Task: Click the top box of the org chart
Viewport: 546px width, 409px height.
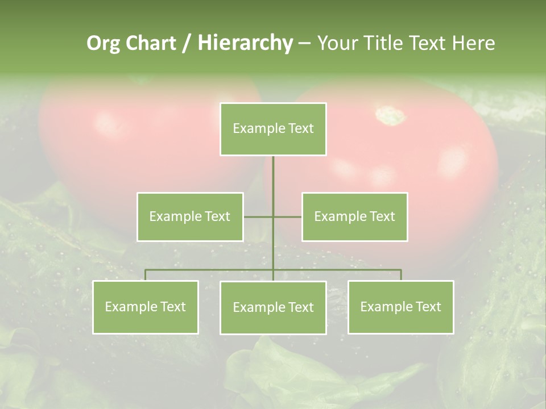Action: click(x=273, y=129)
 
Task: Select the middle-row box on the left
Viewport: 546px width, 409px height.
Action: click(x=190, y=216)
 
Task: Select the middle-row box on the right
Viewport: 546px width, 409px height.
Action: click(x=354, y=216)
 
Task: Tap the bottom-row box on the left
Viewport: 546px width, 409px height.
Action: click(x=146, y=307)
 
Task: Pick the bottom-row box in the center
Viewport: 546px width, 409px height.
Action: click(x=273, y=307)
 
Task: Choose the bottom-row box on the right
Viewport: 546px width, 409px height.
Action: click(x=400, y=307)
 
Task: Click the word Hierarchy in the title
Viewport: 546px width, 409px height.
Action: click(x=245, y=43)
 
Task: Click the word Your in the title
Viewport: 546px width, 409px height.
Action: click(x=337, y=43)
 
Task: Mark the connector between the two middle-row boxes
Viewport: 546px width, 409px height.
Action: click(x=272, y=216)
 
